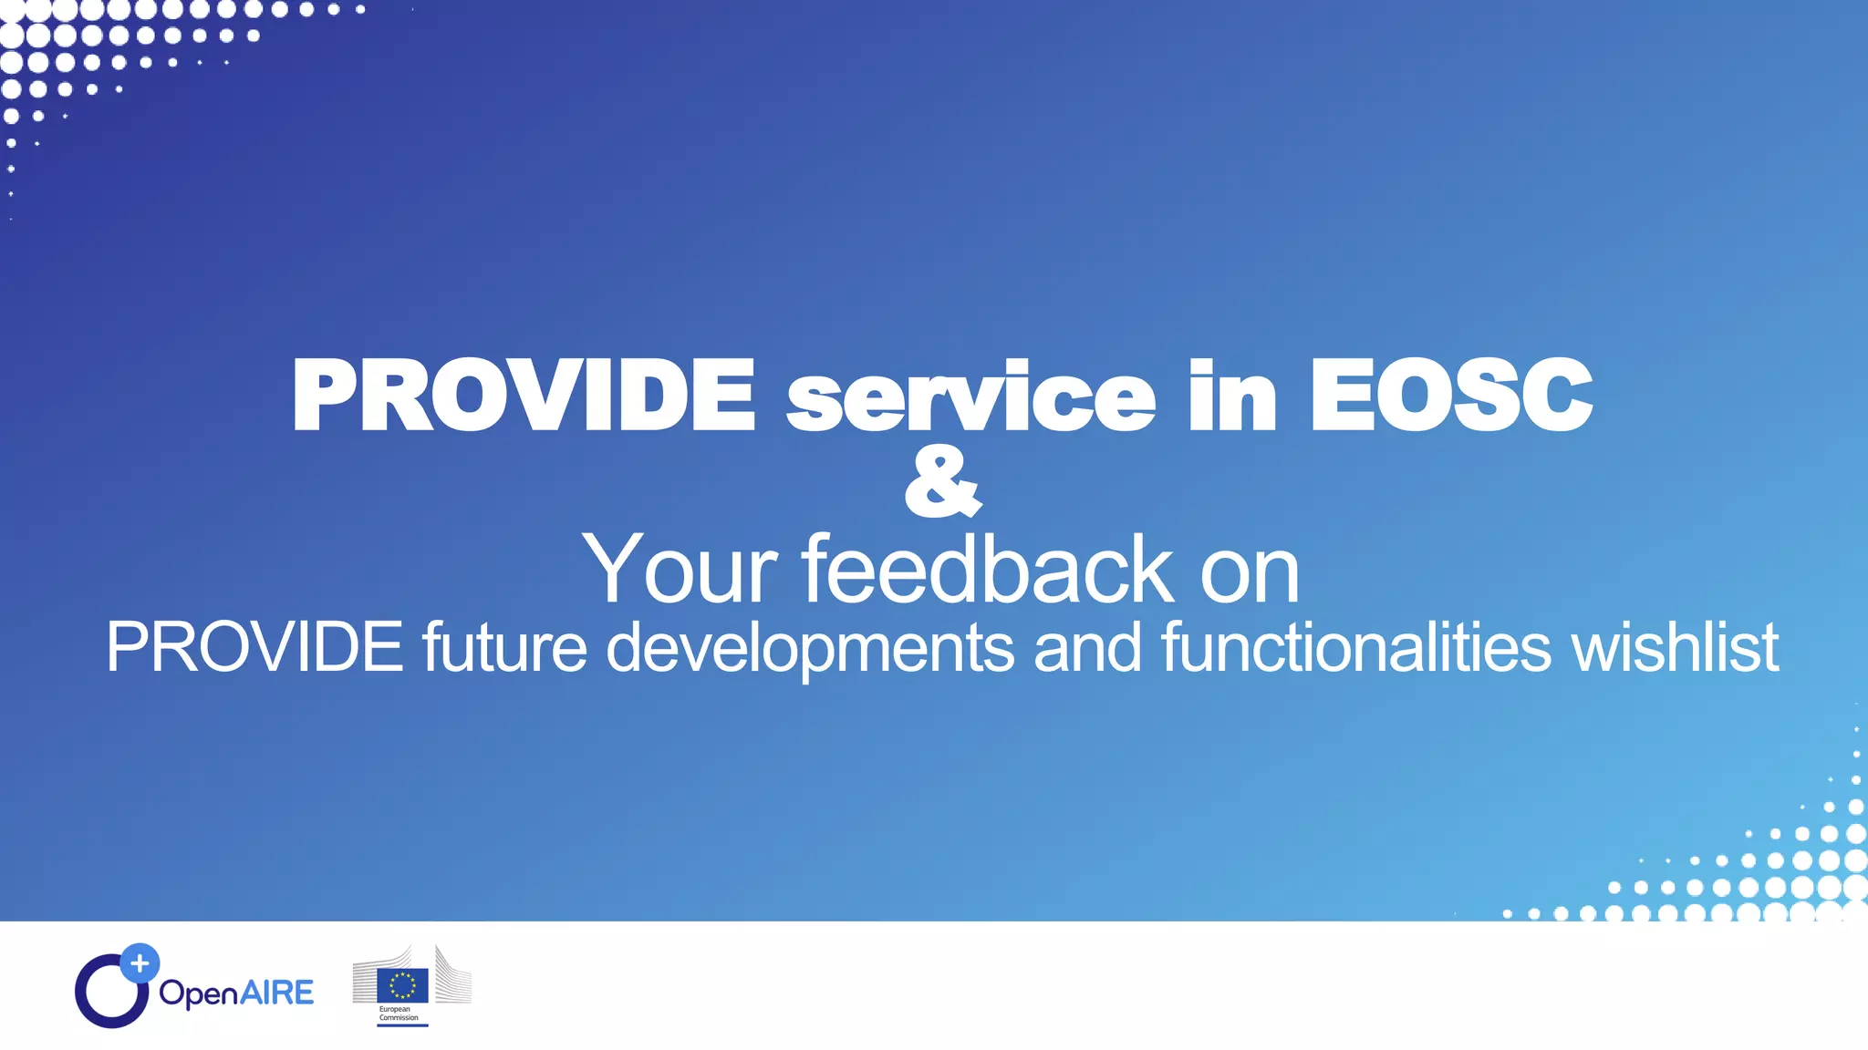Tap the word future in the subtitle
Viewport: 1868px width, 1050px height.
coord(504,646)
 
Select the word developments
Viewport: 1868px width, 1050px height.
coord(810,648)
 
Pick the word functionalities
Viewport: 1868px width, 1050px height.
coord(1355,646)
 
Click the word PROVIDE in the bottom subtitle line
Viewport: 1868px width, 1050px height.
coord(254,646)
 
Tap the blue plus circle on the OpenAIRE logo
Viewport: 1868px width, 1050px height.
coord(140,962)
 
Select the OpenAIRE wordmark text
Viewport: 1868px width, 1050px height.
coord(236,993)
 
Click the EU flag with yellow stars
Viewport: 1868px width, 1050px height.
coord(402,985)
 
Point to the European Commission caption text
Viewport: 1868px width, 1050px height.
coord(399,1014)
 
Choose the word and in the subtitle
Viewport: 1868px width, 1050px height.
coord(1087,646)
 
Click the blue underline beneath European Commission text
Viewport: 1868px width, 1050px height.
coord(402,1025)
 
